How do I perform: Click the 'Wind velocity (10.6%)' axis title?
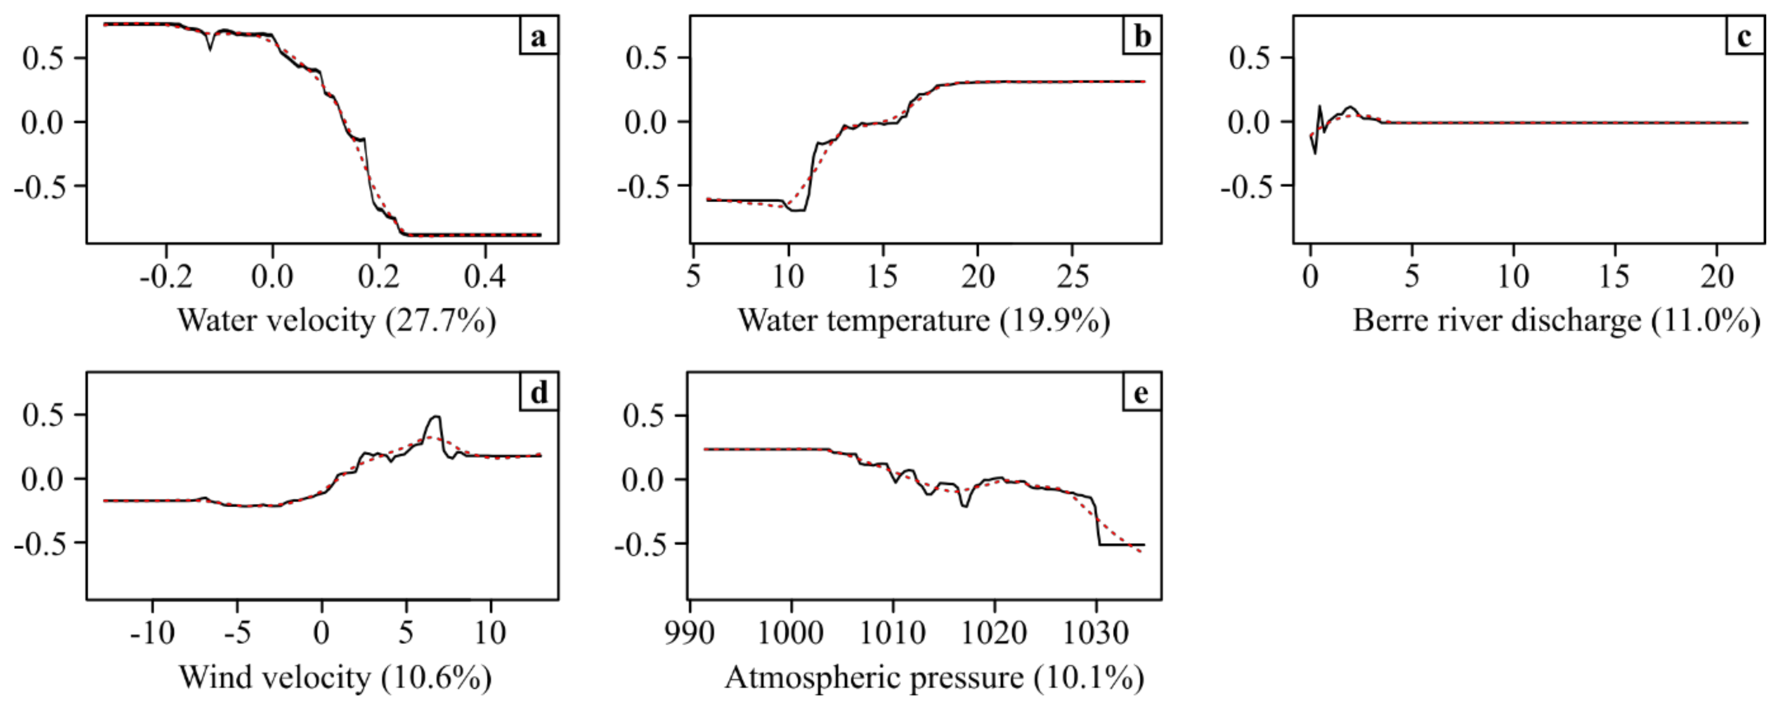pos(336,677)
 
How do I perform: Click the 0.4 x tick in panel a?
pos(485,277)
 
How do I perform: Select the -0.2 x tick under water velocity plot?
pos(166,277)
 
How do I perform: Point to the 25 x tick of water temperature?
pos(1073,277)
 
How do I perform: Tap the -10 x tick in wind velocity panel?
pos(153,633)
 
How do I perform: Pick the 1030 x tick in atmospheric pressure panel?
pos(1095,633)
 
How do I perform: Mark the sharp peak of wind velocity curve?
pos(435,417)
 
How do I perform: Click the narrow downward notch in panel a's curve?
pos(210,48)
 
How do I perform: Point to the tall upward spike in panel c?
pos(1320,107)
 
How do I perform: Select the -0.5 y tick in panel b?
pos(646,186)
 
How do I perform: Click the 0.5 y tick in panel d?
pos(43,415)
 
